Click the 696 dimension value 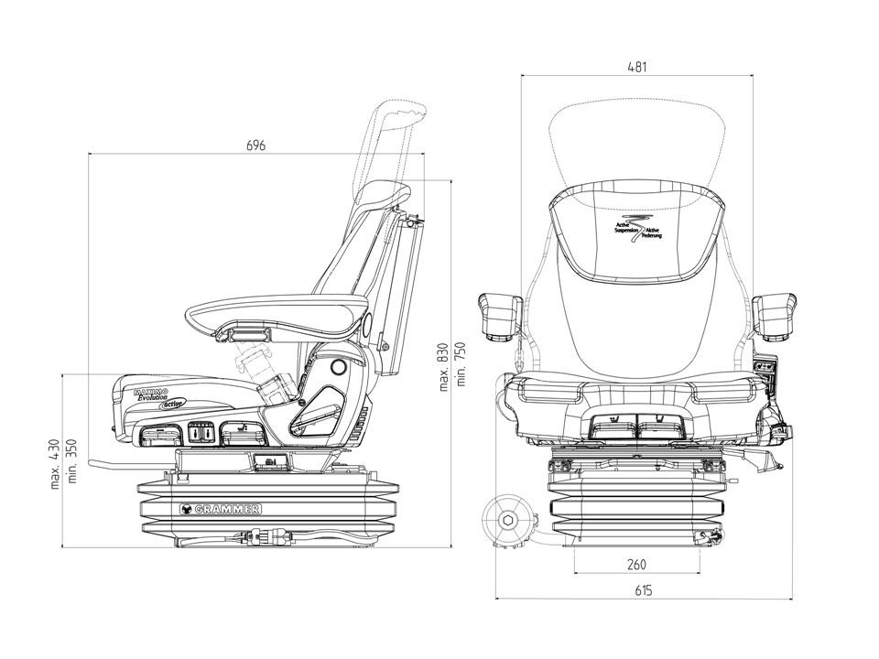tap(256, 146)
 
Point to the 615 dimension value tap(643, 590)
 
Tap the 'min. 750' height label tap(461, 362)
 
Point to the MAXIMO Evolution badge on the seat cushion tap(151, 394)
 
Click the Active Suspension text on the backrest tap(638, 228)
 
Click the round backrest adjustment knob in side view tap(337, 368)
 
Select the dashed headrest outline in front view tap(638, 137)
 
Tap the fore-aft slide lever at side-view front tap(101, 471)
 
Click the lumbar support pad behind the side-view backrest tap(407, 293)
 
